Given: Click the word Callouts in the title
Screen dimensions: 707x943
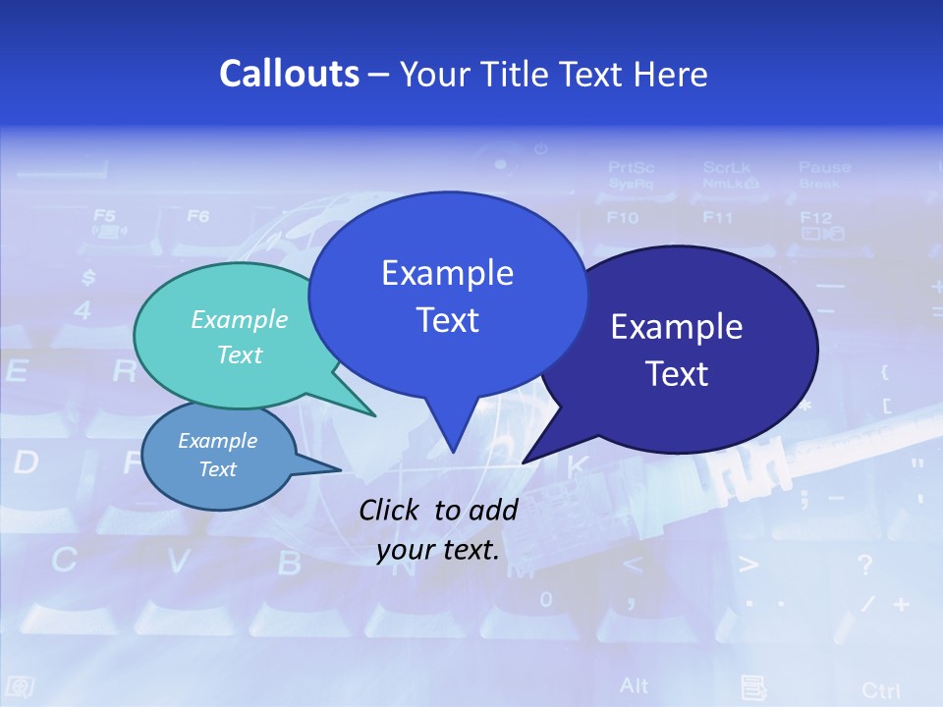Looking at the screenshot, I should (x=289, y=75).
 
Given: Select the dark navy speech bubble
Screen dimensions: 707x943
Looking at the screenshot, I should (x=688, y=349).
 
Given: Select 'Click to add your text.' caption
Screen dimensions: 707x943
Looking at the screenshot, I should (x=438, y=530).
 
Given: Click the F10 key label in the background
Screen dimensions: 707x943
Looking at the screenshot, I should (x=623, y=217).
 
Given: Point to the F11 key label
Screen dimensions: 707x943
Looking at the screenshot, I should (x=718, y=217).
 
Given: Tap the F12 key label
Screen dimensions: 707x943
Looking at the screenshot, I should (x=816, y=217).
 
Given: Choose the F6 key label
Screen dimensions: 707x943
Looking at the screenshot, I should (x=197, y=214).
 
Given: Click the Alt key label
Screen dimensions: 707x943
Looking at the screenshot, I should (x=635, y=684).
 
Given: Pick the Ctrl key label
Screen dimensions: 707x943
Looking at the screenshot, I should (x=880, y=690).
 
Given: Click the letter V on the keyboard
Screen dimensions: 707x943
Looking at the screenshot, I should (x=178, y=562).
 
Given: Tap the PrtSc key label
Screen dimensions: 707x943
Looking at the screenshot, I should (x=631, y=167).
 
